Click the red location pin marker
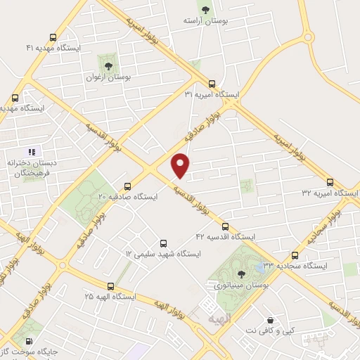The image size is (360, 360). coord(181,165)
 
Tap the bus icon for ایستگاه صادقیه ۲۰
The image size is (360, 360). coord(127,186)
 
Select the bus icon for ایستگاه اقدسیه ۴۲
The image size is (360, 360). coord(225,226)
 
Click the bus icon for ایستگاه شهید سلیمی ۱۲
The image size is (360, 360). coord(163,243)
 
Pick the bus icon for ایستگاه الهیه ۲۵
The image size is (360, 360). coord(110,286)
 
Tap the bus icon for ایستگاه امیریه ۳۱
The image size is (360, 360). coord(212,83)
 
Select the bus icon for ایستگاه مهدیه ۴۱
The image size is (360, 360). coord(53,37)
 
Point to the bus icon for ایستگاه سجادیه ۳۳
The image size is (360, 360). coord(294,256)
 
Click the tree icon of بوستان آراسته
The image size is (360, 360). coord(205,10)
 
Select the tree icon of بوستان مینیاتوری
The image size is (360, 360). coord(242,274)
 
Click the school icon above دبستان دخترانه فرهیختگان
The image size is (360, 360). coord(31,152)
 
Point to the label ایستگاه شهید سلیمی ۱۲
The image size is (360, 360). coord(163,253)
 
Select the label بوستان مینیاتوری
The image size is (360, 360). coord(241,285)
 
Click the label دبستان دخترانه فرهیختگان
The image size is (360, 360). coord(30,168)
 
